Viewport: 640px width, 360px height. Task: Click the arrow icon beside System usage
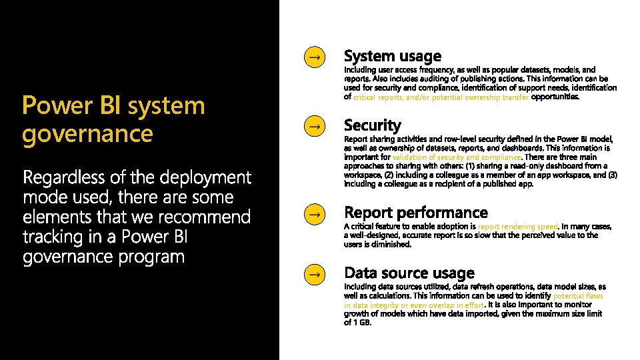point(313,57)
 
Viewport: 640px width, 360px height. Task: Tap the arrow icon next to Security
point(313,125)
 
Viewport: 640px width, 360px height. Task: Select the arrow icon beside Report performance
point(313,214)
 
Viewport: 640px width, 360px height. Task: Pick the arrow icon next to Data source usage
point(313,273)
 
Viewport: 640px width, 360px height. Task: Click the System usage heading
point(392,57)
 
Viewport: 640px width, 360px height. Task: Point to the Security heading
point(373,125)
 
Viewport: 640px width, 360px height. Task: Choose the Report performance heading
point(416,213)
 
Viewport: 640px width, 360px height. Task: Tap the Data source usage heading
point(409,273)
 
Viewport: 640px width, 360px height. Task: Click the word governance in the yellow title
point(87,133)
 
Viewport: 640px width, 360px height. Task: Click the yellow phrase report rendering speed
point(518,227)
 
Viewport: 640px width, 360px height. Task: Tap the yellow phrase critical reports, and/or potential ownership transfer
point(441,97)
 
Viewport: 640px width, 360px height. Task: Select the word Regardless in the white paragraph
point(65,177)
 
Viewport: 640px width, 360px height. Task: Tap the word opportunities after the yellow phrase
point(555,97)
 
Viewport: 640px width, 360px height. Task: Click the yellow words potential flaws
point(578,296)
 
